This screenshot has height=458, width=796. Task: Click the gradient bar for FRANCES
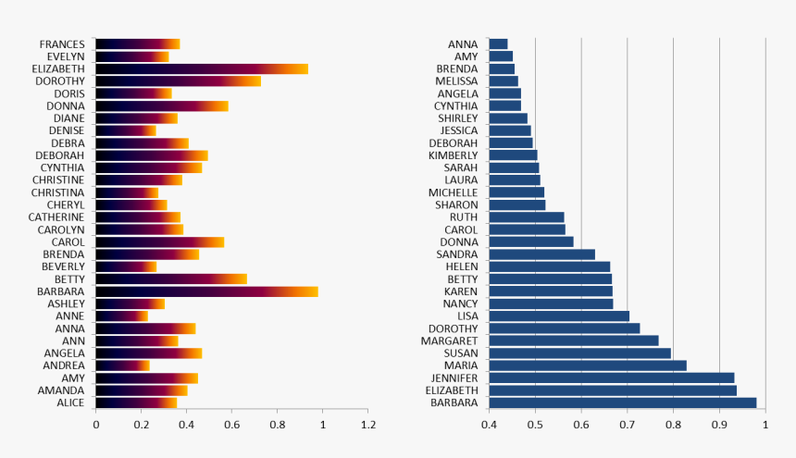click(x=137, y=43)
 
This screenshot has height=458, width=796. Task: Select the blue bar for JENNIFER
click(x=611, y=378)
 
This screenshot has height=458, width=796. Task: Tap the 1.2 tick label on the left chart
click(x=367, y=425)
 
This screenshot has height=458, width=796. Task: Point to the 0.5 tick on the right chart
click(x=535, y=425)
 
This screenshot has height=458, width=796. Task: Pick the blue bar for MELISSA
click(x=503, y=81)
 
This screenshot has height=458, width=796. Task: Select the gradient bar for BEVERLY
click(x=125, y=266)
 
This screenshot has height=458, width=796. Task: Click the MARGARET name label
click(x=449, y=340)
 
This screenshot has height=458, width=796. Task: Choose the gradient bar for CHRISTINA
click(x=126, y=192)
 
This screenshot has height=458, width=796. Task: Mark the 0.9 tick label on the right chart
click(x=719, y=425)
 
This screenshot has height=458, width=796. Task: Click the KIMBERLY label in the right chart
click(x=453, y=155)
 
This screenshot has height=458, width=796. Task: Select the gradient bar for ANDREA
click(x=121, y=365)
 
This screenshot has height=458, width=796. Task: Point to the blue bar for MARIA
click(x=587, y=365)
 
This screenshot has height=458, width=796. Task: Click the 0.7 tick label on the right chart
click(x=628, y=425)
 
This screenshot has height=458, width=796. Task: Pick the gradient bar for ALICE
click(x=135, y=402)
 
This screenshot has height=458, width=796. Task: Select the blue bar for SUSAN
click(x=579, y=353)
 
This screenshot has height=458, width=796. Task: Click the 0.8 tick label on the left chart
click(x=277, y=425)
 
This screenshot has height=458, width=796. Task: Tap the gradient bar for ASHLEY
click(x=130, y=303)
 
